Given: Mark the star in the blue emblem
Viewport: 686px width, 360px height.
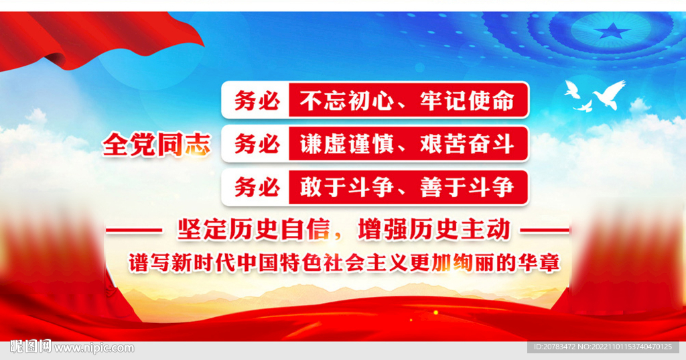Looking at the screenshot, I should coord(613,30).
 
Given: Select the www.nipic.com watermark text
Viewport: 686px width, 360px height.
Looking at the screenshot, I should coord(94,348).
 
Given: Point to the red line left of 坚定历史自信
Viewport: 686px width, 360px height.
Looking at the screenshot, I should coord(134,231).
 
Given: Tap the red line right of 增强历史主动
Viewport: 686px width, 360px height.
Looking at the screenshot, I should coord(545,231).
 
